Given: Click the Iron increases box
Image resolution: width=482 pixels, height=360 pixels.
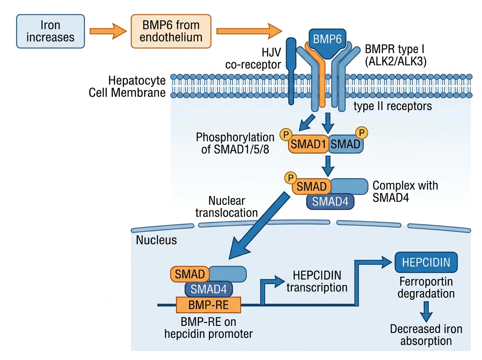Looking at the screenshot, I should [50, 31].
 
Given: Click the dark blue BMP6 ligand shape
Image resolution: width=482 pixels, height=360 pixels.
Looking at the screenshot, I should [327, 41].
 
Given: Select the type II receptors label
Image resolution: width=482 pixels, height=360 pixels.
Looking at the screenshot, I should [392, 106].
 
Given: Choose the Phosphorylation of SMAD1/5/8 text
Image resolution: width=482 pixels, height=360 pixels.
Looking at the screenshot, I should [235, 143].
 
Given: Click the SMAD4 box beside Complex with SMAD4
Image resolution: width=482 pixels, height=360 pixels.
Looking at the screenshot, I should [330, 201].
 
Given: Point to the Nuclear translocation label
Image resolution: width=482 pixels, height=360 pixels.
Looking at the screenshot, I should [227, 207].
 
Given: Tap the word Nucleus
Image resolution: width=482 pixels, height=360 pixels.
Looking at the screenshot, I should [156, 240].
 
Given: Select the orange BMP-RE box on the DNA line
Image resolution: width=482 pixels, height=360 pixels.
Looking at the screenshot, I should [208, 305].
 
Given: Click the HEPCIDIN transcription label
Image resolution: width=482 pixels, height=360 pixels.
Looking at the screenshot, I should [317, 281].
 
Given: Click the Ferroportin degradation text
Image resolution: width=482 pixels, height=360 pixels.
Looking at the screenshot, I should [426, 287].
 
